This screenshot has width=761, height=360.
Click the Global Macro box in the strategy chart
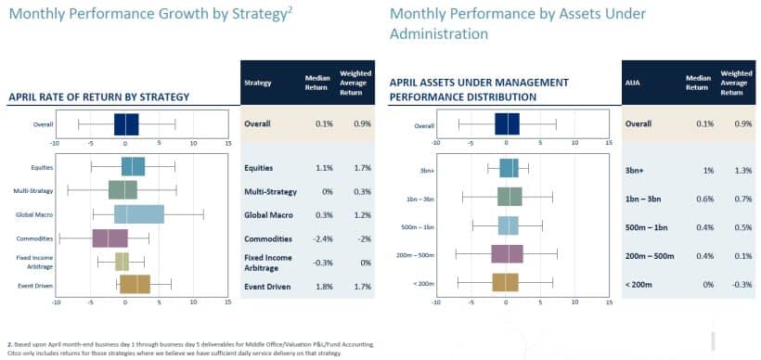(138, 214)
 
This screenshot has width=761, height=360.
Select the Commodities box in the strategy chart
(110, 238)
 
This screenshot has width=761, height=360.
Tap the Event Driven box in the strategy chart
(135, 284)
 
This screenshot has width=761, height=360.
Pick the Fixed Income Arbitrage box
(122, 261)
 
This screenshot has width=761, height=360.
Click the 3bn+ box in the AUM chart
(509, 168)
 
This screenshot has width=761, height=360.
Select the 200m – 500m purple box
(507, 253)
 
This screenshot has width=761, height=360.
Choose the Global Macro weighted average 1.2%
(353, 214)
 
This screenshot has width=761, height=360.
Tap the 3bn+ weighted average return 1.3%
(732, 171)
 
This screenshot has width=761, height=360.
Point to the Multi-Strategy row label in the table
(270, 191)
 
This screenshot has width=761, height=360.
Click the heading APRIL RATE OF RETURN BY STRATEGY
(98, 96)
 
